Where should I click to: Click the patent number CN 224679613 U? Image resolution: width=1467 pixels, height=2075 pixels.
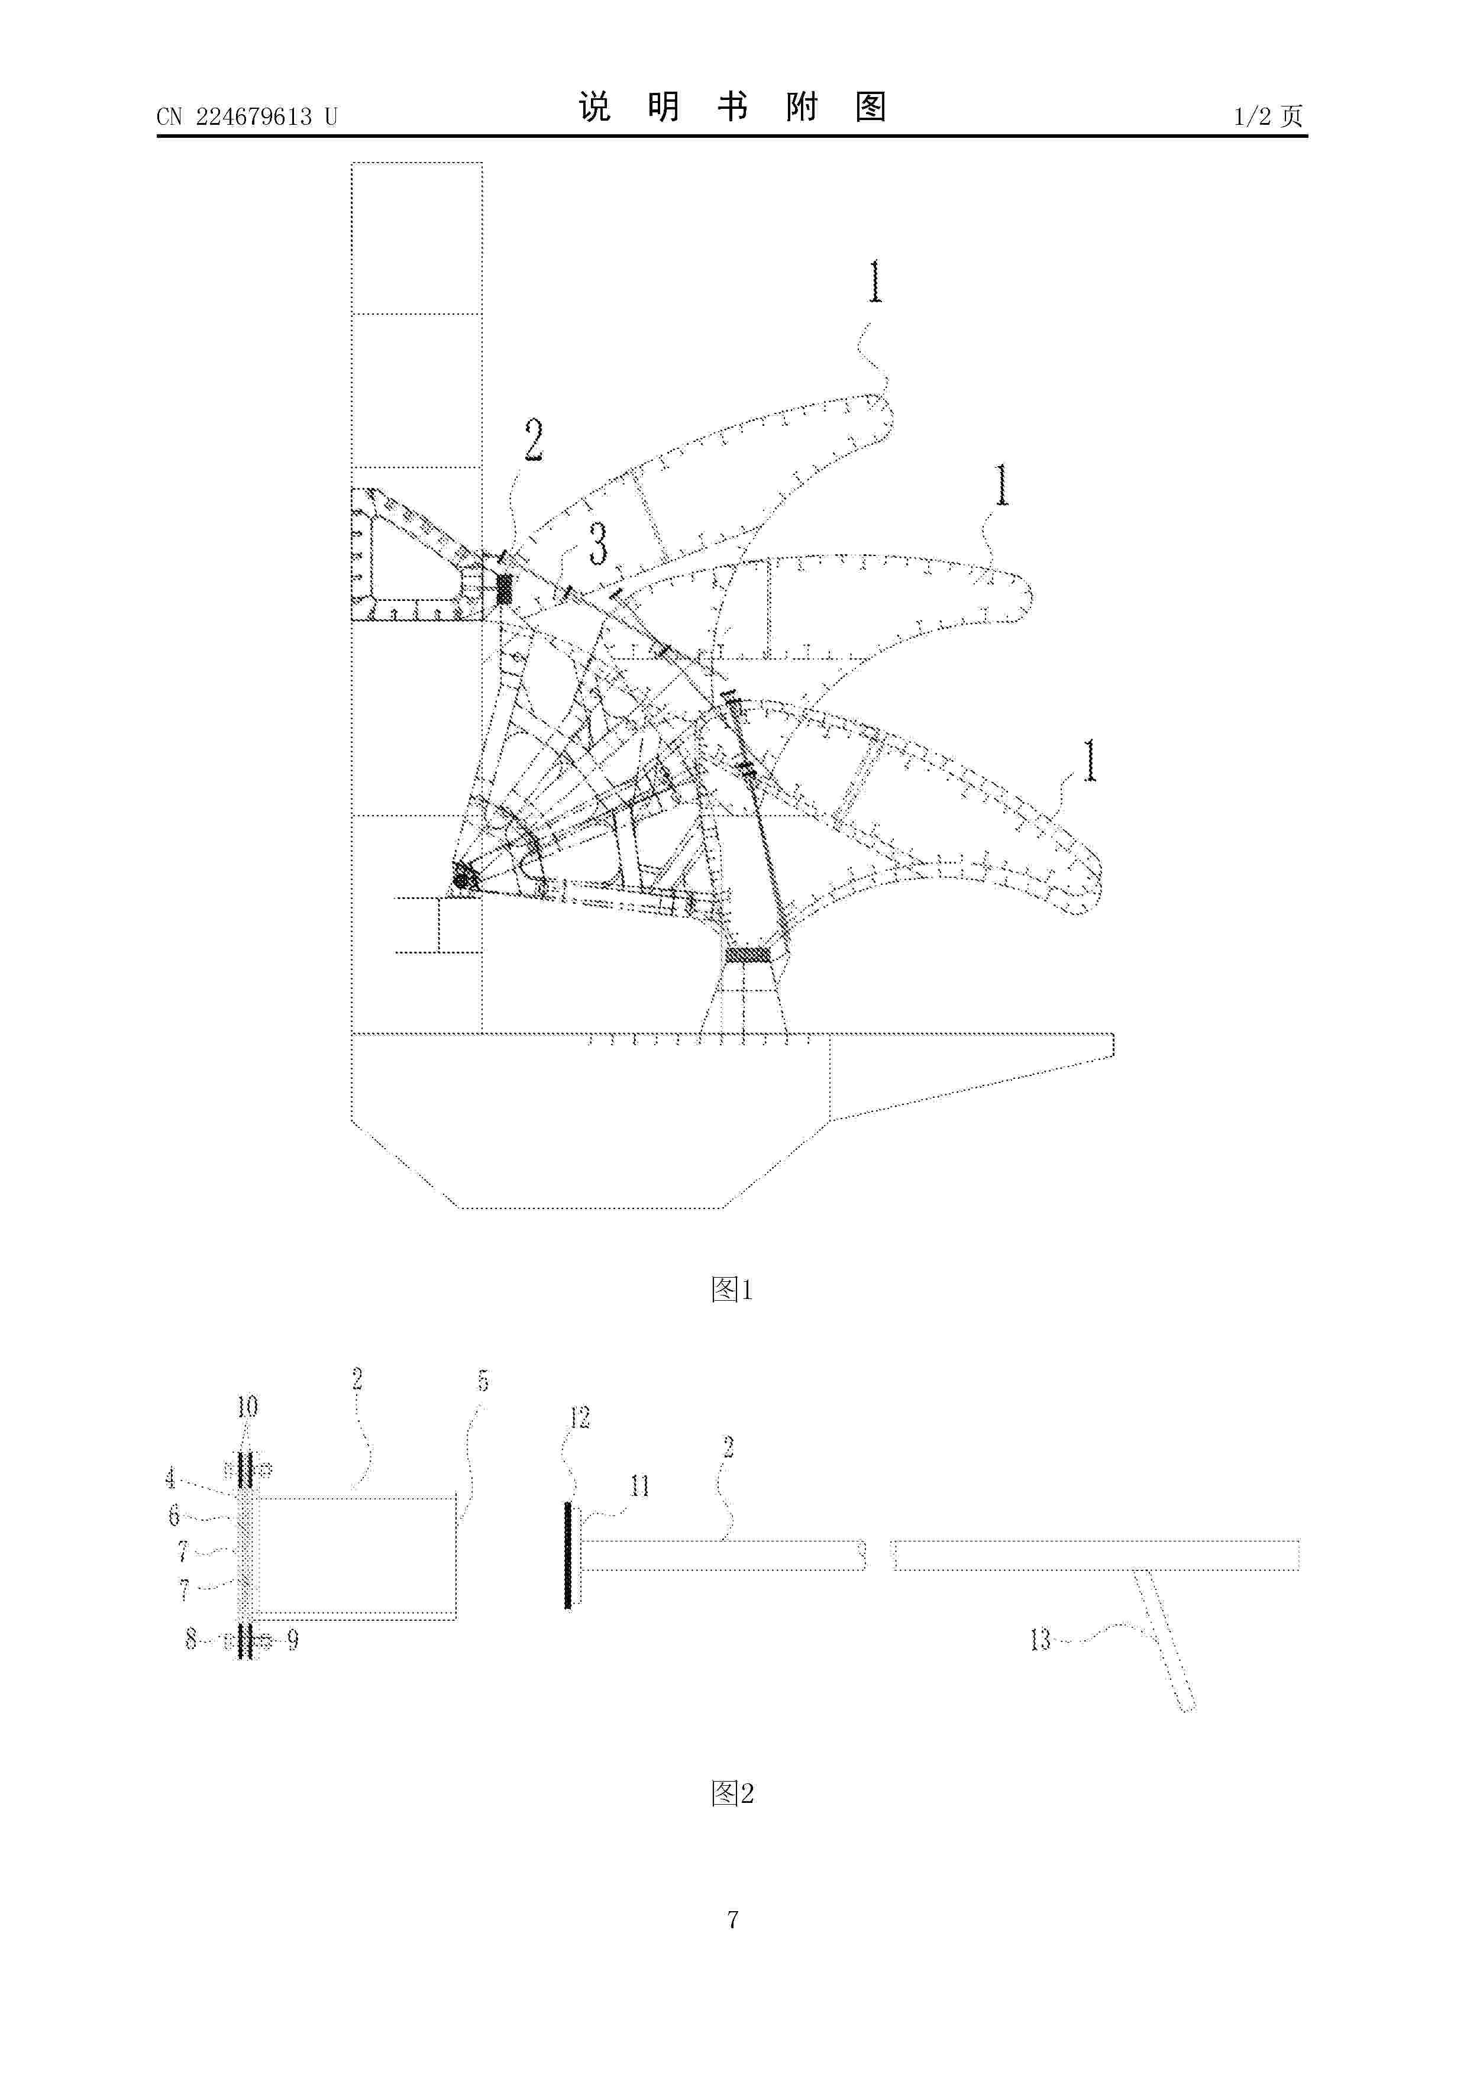click(246, 117)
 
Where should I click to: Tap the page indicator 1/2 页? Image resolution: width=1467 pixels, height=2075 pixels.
click(1268, 116)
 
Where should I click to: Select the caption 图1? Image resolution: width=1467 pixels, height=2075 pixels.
click(732, 1289)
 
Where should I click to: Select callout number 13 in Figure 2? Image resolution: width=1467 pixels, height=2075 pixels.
click(1041, 1638)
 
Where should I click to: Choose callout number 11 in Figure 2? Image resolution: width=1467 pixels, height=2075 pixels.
click(640, 1486)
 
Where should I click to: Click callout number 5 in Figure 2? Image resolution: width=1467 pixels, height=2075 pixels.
click(483, 1381)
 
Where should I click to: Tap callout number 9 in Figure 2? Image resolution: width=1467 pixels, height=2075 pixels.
click(293, 1638)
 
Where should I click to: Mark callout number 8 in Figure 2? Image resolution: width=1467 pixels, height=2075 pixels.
click(190, 1638)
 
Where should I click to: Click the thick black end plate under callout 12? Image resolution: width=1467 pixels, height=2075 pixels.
click(568, 1555)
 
